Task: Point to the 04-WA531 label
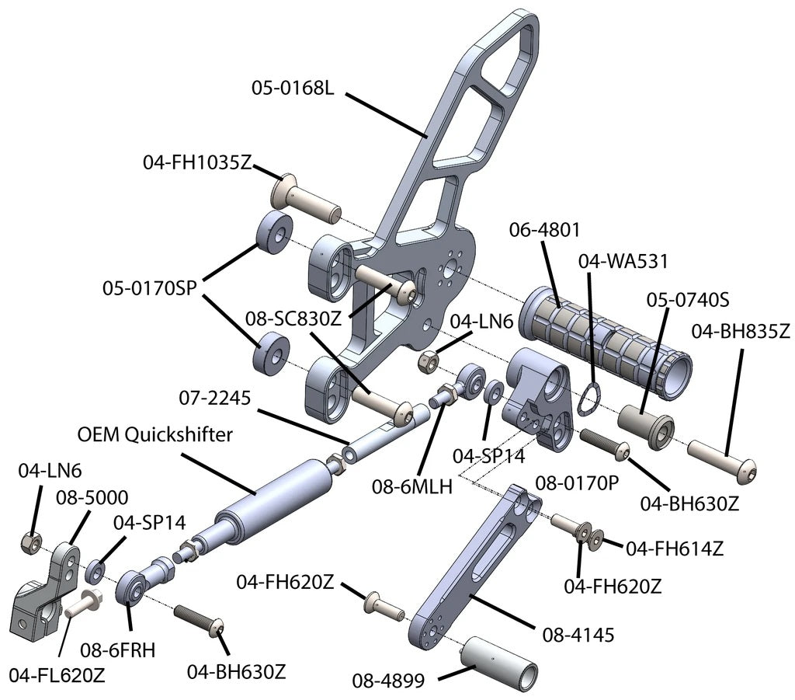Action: [623, 260]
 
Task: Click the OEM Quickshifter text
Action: [154, 434]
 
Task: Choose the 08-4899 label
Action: [387, 681]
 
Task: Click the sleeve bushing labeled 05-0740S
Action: [646, 426]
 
